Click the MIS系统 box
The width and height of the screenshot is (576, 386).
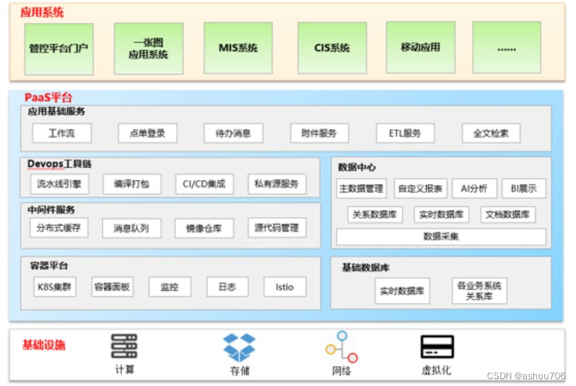[x=238, y=48]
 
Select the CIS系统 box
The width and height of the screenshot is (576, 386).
[x=332, y=48]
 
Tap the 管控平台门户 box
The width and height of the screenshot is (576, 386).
[x=59, y=48]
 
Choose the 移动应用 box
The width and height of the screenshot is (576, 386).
[x=420, y=48]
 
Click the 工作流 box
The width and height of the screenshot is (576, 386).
[x=61, y=133]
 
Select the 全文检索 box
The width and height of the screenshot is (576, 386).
[x=491, y=133]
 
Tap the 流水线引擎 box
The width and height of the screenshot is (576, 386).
[x=59, y=183]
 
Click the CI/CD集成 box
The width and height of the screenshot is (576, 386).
[x=204, y=183]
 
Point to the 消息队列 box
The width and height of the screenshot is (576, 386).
[x=131, y=228]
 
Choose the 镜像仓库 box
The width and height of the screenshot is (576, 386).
[x=204, y=228]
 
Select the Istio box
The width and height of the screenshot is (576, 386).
[x=284, y=287]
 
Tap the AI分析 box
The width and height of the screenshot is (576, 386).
[x=474, y=188]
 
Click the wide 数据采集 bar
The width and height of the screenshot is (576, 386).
[x=441, y=236]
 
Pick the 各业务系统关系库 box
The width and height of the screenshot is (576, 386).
[x=479, y=291]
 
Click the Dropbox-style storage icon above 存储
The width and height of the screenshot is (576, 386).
[x=239, y=347]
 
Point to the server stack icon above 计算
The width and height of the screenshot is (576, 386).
[x=124, y=345]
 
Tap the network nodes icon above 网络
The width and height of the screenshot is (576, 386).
[x=341, y=347]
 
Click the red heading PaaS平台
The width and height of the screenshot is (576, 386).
[x=48, y=98]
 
